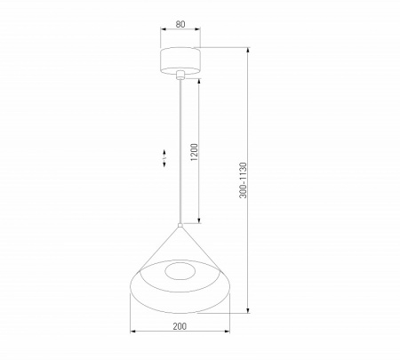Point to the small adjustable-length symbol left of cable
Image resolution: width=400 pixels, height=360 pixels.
[x=163, y=159]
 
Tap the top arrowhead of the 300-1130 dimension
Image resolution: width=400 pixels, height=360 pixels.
[x=249, y=49]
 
